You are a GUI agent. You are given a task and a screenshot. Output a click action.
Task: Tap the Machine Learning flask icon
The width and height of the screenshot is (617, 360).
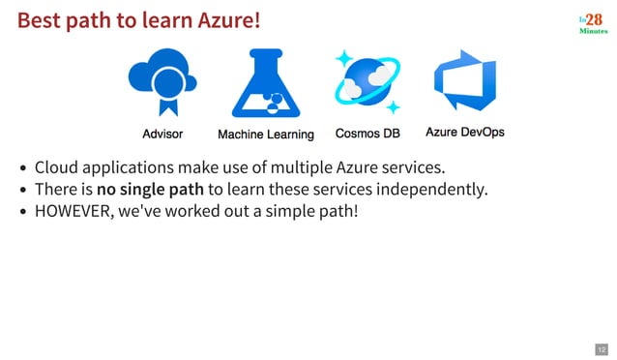[265, 83]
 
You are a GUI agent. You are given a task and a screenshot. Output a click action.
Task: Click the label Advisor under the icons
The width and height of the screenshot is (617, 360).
[162, 134]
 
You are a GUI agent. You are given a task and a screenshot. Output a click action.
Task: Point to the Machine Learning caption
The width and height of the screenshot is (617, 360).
[265, 135]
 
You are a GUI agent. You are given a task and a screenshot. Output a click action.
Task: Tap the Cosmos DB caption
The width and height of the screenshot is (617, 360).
[367, 134]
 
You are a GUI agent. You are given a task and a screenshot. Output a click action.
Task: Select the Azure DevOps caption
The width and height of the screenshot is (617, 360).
[465, 133]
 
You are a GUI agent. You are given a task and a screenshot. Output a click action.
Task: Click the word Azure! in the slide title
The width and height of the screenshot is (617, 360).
[229, 19]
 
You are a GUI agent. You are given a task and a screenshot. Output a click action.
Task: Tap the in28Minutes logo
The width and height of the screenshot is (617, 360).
[593, 23]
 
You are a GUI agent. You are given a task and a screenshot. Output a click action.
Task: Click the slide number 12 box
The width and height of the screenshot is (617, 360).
[601, 348]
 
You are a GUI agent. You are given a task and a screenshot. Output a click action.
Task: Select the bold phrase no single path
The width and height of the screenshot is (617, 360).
[150, 188]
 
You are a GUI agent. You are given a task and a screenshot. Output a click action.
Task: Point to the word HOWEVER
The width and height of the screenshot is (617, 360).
[72, 209]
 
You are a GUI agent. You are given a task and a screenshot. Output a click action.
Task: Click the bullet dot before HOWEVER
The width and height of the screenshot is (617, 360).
[23, 210]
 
